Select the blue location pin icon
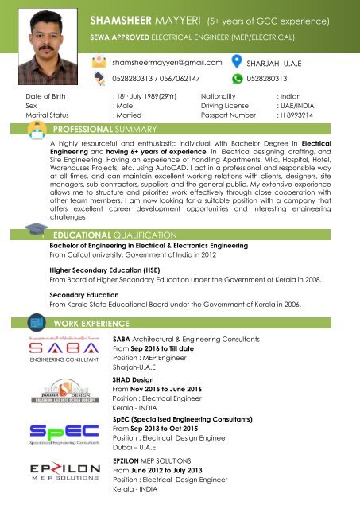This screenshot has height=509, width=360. click(237, 61)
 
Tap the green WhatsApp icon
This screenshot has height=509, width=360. click(237, 79)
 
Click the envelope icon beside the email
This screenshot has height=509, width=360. click(99, 61)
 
